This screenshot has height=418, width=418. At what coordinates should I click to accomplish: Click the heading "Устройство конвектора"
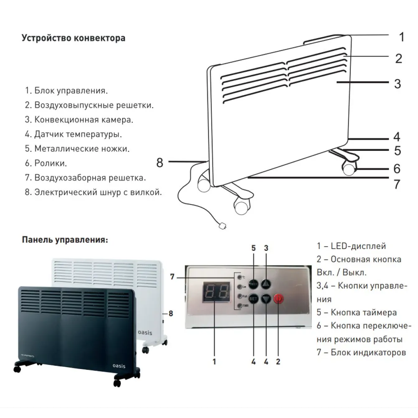point(73,38)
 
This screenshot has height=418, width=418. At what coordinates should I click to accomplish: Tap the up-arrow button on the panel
point(266,283)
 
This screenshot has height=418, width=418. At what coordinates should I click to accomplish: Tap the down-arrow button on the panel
point(266,299)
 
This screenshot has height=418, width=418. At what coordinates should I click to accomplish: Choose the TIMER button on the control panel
point(253,283)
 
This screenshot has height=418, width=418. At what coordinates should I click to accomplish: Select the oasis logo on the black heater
point(119,364)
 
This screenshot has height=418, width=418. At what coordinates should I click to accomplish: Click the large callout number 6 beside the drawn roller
point(397,169)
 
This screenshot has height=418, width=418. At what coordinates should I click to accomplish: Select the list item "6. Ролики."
point(46,163)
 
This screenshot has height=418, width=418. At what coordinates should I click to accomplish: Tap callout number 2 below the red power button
point(278,361)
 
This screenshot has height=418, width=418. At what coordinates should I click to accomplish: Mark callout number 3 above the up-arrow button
point(266,248)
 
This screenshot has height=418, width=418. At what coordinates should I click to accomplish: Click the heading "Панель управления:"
point(65,240)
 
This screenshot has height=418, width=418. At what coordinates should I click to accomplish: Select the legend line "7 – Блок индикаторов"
point(361,352)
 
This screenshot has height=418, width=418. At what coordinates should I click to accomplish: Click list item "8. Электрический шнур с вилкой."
point(93,192)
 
